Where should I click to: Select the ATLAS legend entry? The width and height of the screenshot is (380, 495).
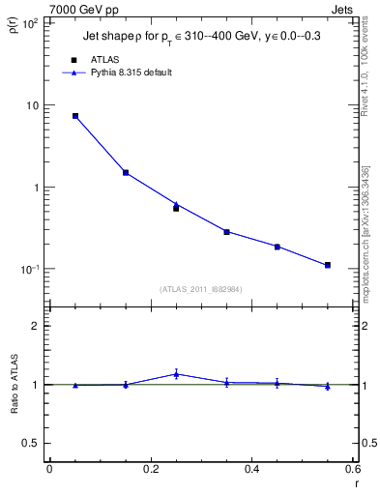[102, 60]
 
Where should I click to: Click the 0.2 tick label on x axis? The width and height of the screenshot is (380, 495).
[150, 470]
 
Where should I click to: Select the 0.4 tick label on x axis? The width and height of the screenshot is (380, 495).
[251, 470]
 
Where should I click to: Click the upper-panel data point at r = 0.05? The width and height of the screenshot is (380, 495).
[75, 116]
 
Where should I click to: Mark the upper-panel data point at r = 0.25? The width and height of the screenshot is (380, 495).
[176, 207]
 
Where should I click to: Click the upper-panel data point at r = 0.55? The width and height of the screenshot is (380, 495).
[328, 265]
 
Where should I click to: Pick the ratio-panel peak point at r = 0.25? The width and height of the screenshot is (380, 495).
[176, 374]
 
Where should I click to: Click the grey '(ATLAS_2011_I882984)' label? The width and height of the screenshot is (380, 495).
[201, 288]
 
